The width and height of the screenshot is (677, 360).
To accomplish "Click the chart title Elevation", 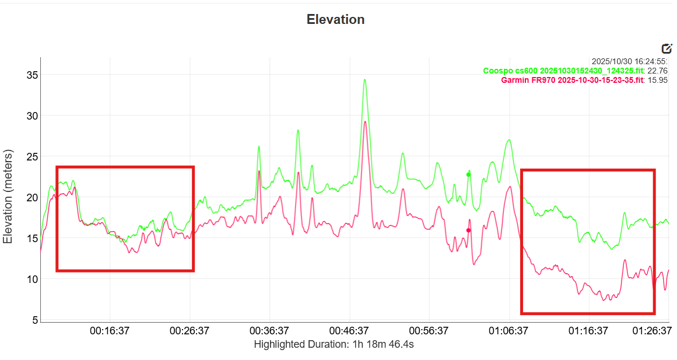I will click(x=335, y=19).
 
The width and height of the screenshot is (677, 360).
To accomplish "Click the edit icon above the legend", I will click(x=667, y=49).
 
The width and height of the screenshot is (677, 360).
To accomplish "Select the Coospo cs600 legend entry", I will click(x=563, y=71).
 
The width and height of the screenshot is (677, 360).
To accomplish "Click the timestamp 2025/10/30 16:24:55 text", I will click(x=629, y=61).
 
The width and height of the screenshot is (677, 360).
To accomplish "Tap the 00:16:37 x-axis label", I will click(x=109, y=331).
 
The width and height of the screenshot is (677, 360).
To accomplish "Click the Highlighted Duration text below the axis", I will click(x=334, y=344).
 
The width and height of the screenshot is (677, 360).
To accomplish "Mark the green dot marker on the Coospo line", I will click(x=468, y=174).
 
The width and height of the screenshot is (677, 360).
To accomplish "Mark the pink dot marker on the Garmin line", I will click(x=468, y=230).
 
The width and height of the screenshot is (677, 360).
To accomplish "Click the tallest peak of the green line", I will click(x=365, y=80).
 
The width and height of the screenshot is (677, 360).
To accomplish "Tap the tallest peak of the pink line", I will click(x=365, y=122).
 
